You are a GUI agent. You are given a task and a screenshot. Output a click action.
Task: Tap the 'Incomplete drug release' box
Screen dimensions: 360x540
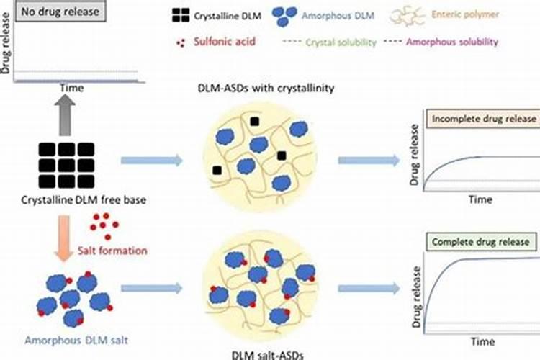tap(482, 119)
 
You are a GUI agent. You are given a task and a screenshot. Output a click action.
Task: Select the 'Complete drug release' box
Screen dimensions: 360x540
tap(482, 242)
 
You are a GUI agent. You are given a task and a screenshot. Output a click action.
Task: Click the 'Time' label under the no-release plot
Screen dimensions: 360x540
tap(71, 88)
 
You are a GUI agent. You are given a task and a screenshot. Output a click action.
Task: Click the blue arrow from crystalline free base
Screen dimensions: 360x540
tap(150, 160)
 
